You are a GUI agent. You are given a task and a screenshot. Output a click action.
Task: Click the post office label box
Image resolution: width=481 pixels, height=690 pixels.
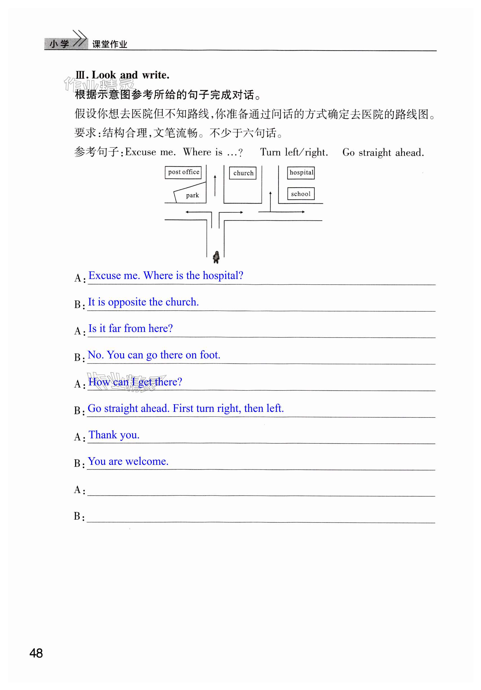[183, 172]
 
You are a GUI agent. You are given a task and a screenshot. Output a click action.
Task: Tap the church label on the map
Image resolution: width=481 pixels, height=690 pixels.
[243, 173]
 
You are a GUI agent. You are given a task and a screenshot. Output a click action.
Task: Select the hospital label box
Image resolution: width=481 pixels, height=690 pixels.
[301, 173]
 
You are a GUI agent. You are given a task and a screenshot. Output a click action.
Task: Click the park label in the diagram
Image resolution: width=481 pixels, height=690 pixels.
[192, 195]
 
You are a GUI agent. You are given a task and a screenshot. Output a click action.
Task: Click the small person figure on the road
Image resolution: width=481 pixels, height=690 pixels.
[216, 257]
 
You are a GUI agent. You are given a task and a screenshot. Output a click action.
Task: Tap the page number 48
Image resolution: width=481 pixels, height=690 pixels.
[36, 653]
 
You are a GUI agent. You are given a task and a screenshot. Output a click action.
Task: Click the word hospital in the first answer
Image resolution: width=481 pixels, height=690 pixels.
[223, 276]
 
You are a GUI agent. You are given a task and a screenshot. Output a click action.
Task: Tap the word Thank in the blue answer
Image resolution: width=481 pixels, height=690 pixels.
[103, 435]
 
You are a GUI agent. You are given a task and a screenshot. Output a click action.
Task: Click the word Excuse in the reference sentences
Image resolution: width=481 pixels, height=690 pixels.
[141, 152]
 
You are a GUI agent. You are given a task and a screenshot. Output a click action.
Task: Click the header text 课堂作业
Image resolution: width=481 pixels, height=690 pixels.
[110, 44]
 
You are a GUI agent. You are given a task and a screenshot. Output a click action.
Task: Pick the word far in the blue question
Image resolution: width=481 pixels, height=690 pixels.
[115, 329]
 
